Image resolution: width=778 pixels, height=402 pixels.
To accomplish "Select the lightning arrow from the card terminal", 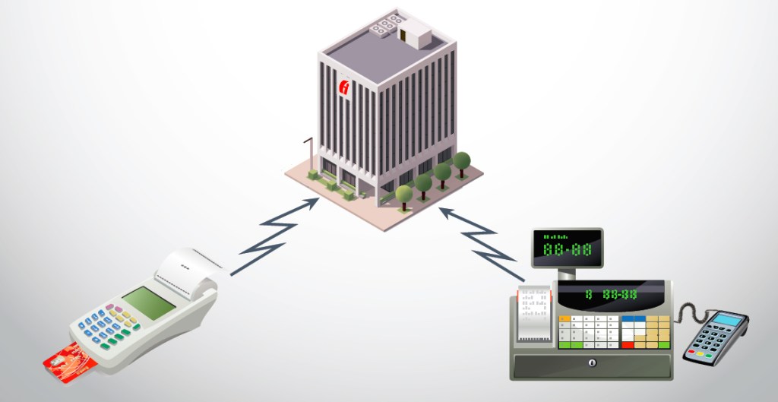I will pos(274,235).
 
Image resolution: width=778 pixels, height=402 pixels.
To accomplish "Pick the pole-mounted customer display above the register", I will pos(567,248).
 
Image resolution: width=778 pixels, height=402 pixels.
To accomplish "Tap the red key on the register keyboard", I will pos(628,345).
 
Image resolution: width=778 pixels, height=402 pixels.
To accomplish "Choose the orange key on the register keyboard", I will pos(564,318).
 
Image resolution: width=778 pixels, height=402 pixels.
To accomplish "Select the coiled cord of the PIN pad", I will pos(688,312).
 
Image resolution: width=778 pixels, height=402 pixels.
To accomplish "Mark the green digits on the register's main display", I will pos(611,294).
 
